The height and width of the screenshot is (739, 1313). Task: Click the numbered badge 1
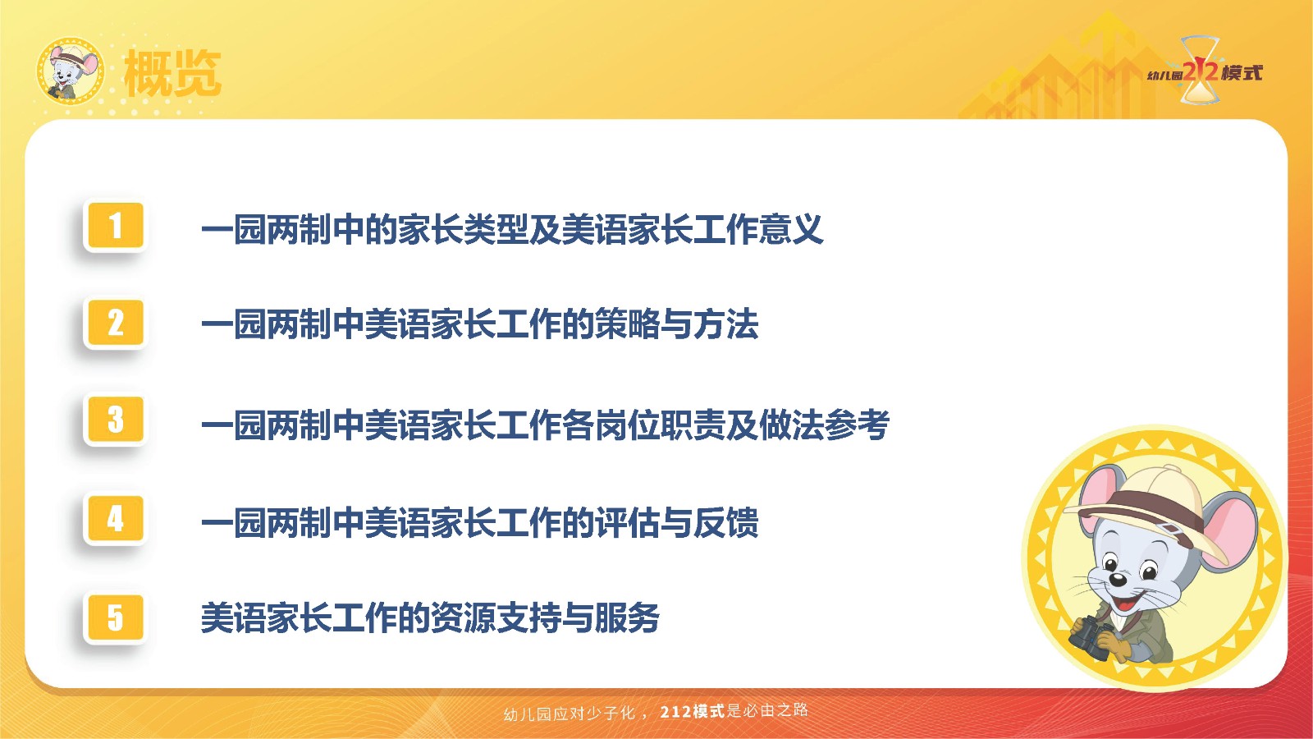coord(115,225)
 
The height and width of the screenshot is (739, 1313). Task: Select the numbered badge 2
coord(115,322)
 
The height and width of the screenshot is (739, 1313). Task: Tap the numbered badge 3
coord(115,419)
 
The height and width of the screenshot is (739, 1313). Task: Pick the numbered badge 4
coord(115,518)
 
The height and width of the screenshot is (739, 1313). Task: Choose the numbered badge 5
coord(115,617)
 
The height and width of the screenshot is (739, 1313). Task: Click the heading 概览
coord(172,73)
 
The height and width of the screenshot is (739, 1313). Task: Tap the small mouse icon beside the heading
coord(71,71)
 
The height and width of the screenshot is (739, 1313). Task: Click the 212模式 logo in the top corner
coord(1205,71)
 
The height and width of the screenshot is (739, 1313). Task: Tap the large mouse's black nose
coord(1118,580)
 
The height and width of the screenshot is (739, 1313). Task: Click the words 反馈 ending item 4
coord(725,522)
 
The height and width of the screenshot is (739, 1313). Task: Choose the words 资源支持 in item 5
coord(496,618)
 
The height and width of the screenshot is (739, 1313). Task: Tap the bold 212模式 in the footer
coord(693,712)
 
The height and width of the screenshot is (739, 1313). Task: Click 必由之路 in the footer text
coord(775,711)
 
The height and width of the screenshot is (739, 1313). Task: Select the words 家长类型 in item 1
coord(464,229)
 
